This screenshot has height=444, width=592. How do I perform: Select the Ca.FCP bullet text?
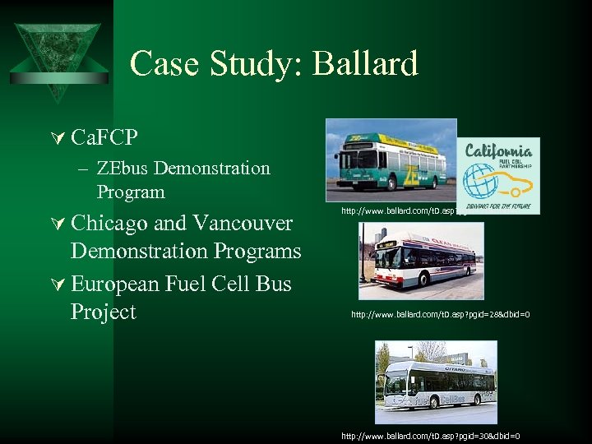click(104, 136)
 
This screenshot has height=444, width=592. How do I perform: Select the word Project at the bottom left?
click(103, 312)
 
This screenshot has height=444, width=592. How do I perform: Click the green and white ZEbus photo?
click(391, 160)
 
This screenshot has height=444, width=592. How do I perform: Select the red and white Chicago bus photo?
click(421, 261)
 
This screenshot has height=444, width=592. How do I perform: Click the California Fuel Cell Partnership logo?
click(498, 176)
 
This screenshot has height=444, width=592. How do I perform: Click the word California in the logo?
click(498, 150)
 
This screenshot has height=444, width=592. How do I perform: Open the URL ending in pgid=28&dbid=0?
click(440, 314)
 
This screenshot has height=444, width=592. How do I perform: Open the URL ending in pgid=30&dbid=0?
click(430, 436)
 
